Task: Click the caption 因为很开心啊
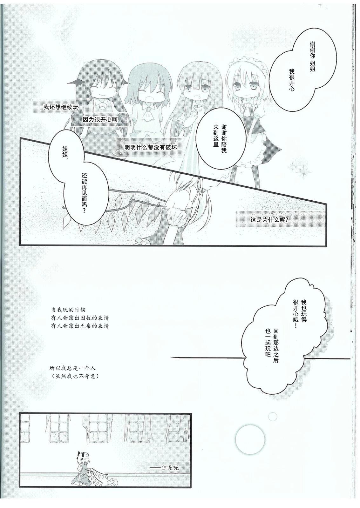tap(100, 119)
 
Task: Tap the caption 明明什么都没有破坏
tap(151, 147)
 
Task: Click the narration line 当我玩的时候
tap(68, 310)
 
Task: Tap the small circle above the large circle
tap(272, 416)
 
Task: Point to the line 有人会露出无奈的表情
tap(80, 326)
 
